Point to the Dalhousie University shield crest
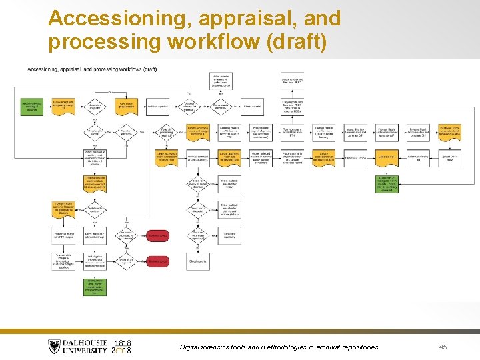coord(55,347)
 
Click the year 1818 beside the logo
coord(123,343)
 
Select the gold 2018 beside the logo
coord(123,351)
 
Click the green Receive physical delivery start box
coord(32,107)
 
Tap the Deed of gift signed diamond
coord(126,261)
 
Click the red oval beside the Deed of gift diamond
coord(158,261)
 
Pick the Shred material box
coord(198,261)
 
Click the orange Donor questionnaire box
coord(126,107)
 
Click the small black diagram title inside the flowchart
coord(92,69)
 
